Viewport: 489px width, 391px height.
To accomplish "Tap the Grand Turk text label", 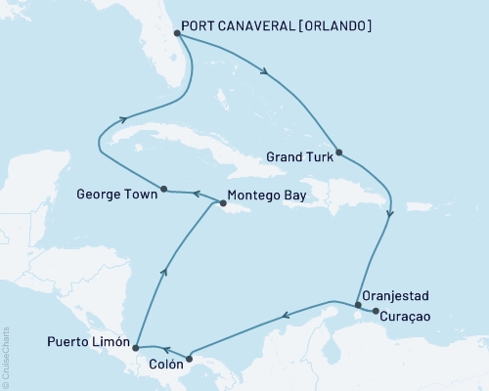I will [295, 153].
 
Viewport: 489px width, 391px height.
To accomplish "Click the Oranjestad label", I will [394, 294].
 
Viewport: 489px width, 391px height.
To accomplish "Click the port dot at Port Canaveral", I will [175, 32].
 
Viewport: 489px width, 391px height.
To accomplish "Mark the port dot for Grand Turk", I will [338, 152].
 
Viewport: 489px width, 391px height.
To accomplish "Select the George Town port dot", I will [163, 190].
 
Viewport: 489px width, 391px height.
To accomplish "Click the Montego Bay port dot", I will [224, 204].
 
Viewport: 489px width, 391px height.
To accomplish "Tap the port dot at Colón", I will [190, 358].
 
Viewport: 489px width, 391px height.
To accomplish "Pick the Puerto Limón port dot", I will [135, 346].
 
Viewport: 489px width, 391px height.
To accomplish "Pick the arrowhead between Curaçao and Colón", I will [285, 315].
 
